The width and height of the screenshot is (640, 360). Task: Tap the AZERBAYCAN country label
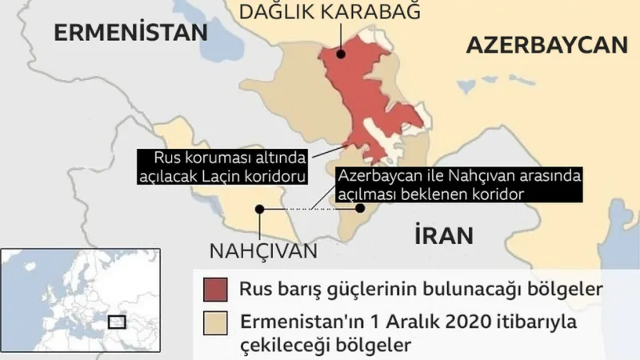[x=546, y=45]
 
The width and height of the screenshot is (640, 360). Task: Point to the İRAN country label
[x=444, y=235]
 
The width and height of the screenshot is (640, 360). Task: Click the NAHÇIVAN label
[x=263, y=250]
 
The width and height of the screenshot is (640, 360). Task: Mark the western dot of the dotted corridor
[x=259, y=209]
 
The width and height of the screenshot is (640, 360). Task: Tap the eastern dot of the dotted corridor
[x=360, y=209]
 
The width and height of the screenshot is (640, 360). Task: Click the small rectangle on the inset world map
[x=117, y=321]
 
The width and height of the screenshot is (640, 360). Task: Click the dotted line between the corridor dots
[x=310, y=209]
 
